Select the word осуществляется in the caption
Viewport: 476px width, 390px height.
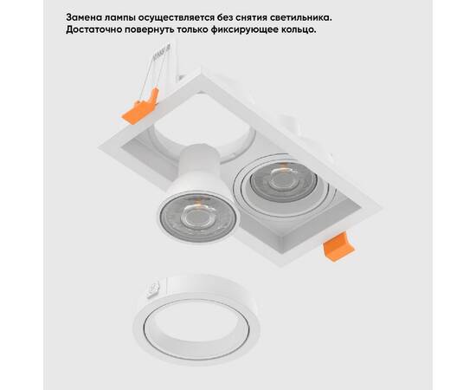(x=186, y=16)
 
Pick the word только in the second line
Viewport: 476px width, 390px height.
(x=207, y=29)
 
